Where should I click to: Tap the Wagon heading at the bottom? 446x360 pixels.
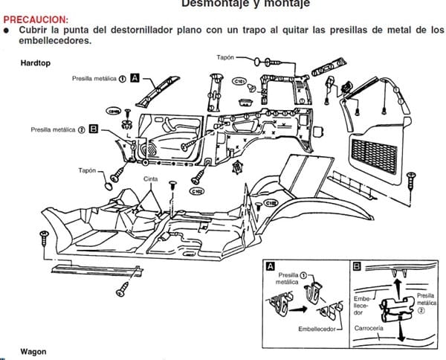click(34, 350)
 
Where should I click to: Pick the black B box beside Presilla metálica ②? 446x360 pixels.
click(94, 129)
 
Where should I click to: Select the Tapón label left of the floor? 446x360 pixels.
click(88, 170)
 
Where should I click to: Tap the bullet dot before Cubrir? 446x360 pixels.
click(7, 30)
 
